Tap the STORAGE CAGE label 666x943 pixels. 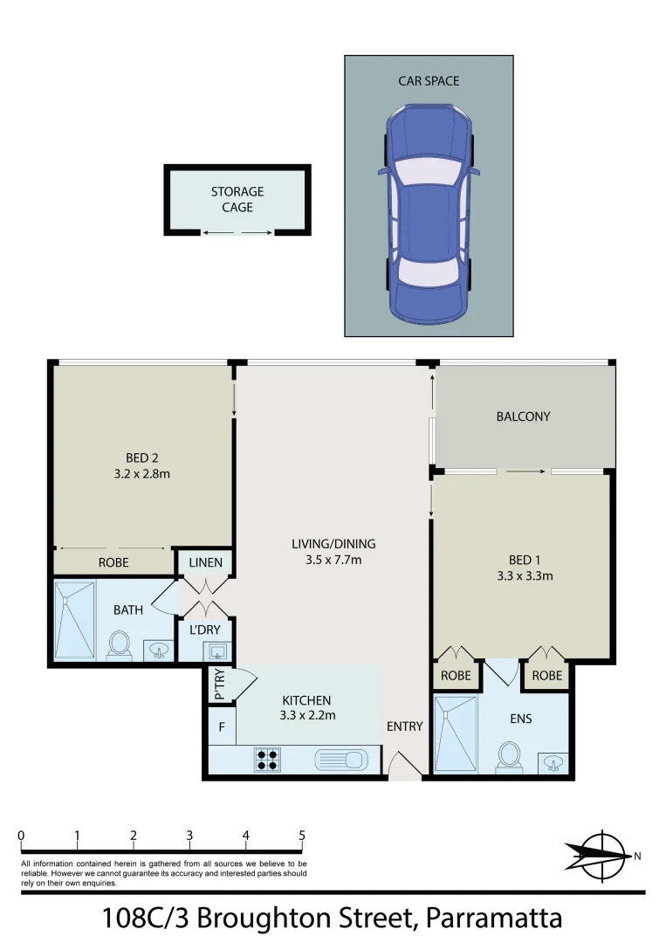(x=237, y=199)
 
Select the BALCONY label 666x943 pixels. (x=523, y=416)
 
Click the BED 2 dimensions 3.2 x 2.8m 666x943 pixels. (x=141, y=474)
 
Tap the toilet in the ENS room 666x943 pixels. (x=508, y=756)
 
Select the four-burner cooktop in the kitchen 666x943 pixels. (x=266, y=759)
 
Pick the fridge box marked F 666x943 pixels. (x=222, y=726)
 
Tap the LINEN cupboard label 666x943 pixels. (x=205, y=563)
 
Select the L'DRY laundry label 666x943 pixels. (x=205, y=629)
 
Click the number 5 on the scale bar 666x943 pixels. (x=302, y=836)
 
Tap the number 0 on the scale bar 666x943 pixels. (x=21, y=836)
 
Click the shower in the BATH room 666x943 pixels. (x=73, y=619)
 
